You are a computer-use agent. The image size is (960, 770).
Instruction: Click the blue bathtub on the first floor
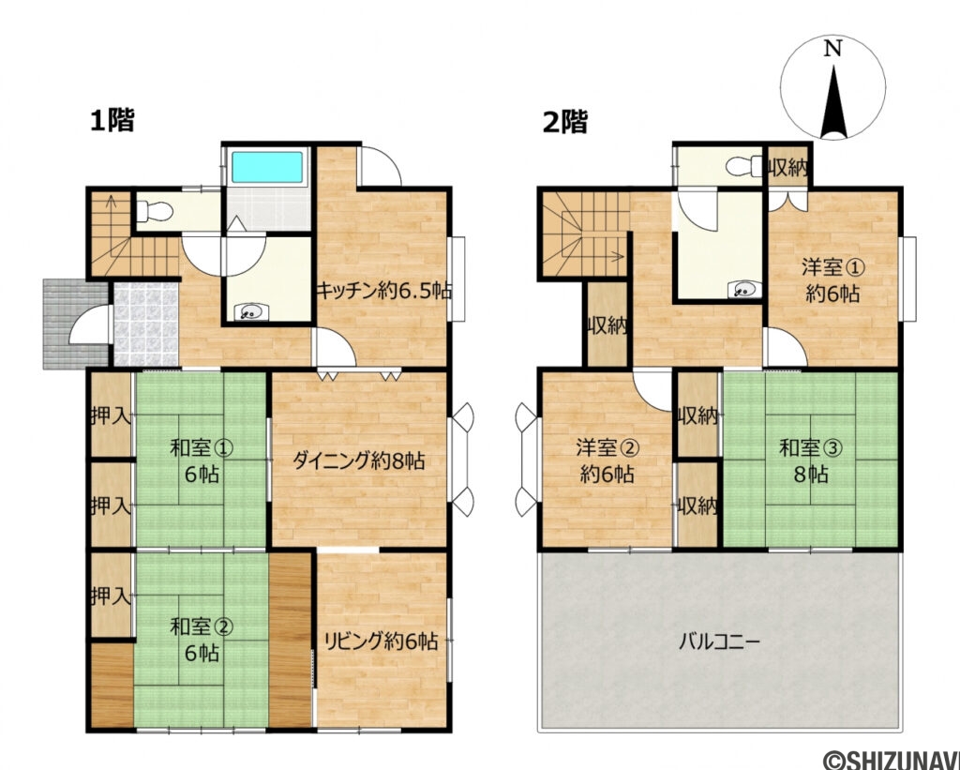pos(267,168)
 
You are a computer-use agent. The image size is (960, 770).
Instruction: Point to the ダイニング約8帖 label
pos(359,460)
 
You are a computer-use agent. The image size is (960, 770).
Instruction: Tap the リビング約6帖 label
pos(381,642)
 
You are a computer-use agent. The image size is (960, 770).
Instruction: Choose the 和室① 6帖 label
pos(201,460)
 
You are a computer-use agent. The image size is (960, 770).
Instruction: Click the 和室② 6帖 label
pos(201,640)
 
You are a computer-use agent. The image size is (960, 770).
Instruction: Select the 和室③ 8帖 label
pos(811,460)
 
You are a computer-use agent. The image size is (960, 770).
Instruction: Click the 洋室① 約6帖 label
pos(833,280)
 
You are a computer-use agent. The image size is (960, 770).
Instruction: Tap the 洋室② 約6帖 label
pos(607,460)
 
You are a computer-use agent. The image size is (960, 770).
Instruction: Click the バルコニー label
pos(719,642)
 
